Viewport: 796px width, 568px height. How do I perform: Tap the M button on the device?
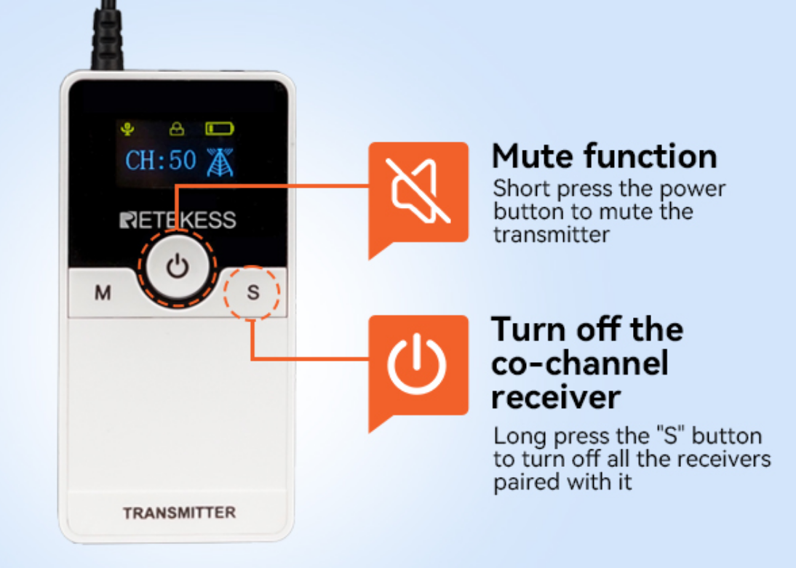point(103,293)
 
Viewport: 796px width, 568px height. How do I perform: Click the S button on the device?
point(252,293)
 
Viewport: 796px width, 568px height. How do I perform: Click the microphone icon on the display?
point(127,129)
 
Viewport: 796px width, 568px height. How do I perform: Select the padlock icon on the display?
point(177,129)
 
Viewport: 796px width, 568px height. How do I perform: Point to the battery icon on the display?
point(220,129)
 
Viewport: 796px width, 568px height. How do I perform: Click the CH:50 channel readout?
point(160,161)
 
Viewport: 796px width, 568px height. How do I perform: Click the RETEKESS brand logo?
point(178,220)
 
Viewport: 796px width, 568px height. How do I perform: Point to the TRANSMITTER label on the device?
point(179,513)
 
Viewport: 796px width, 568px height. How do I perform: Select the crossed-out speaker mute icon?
point(418,191)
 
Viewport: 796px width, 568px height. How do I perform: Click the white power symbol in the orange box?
point(417,364)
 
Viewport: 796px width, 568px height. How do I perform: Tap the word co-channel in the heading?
point(580,364)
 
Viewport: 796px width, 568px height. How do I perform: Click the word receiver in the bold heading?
point(556,397)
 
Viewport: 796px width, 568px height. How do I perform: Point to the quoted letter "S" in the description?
point(671,436)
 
